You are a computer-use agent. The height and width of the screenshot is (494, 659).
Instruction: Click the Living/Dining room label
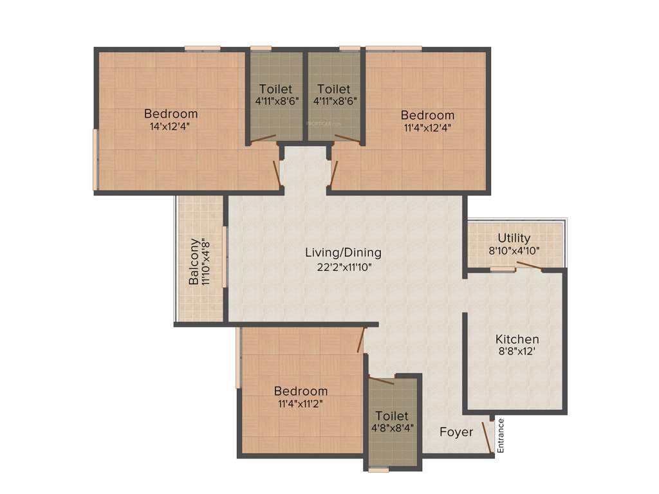(343, 253)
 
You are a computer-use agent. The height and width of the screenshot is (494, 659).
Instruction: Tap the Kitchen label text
(517, 339)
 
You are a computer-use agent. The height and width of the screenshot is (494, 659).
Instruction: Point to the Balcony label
(194, 271)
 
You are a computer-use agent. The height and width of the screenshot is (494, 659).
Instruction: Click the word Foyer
(456, 432)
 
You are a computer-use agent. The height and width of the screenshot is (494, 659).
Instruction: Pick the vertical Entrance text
(501, 435)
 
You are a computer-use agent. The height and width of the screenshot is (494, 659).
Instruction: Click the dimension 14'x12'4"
(170, 126)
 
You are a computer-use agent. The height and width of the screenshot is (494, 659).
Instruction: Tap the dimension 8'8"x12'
(517, 352)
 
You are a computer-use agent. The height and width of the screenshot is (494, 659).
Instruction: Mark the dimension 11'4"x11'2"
(300, 404)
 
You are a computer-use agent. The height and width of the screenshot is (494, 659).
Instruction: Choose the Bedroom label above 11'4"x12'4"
(427, 115)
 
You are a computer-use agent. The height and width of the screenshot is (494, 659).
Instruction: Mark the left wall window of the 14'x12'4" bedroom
(95, 160)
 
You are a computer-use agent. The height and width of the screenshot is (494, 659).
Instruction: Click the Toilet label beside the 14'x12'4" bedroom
(275, 89)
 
